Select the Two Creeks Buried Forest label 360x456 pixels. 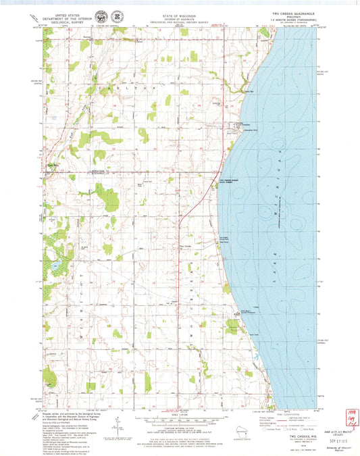pyautogui.click(x=230, y=181)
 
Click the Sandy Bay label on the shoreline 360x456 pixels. pyautogui.click(x=249, y=91)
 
